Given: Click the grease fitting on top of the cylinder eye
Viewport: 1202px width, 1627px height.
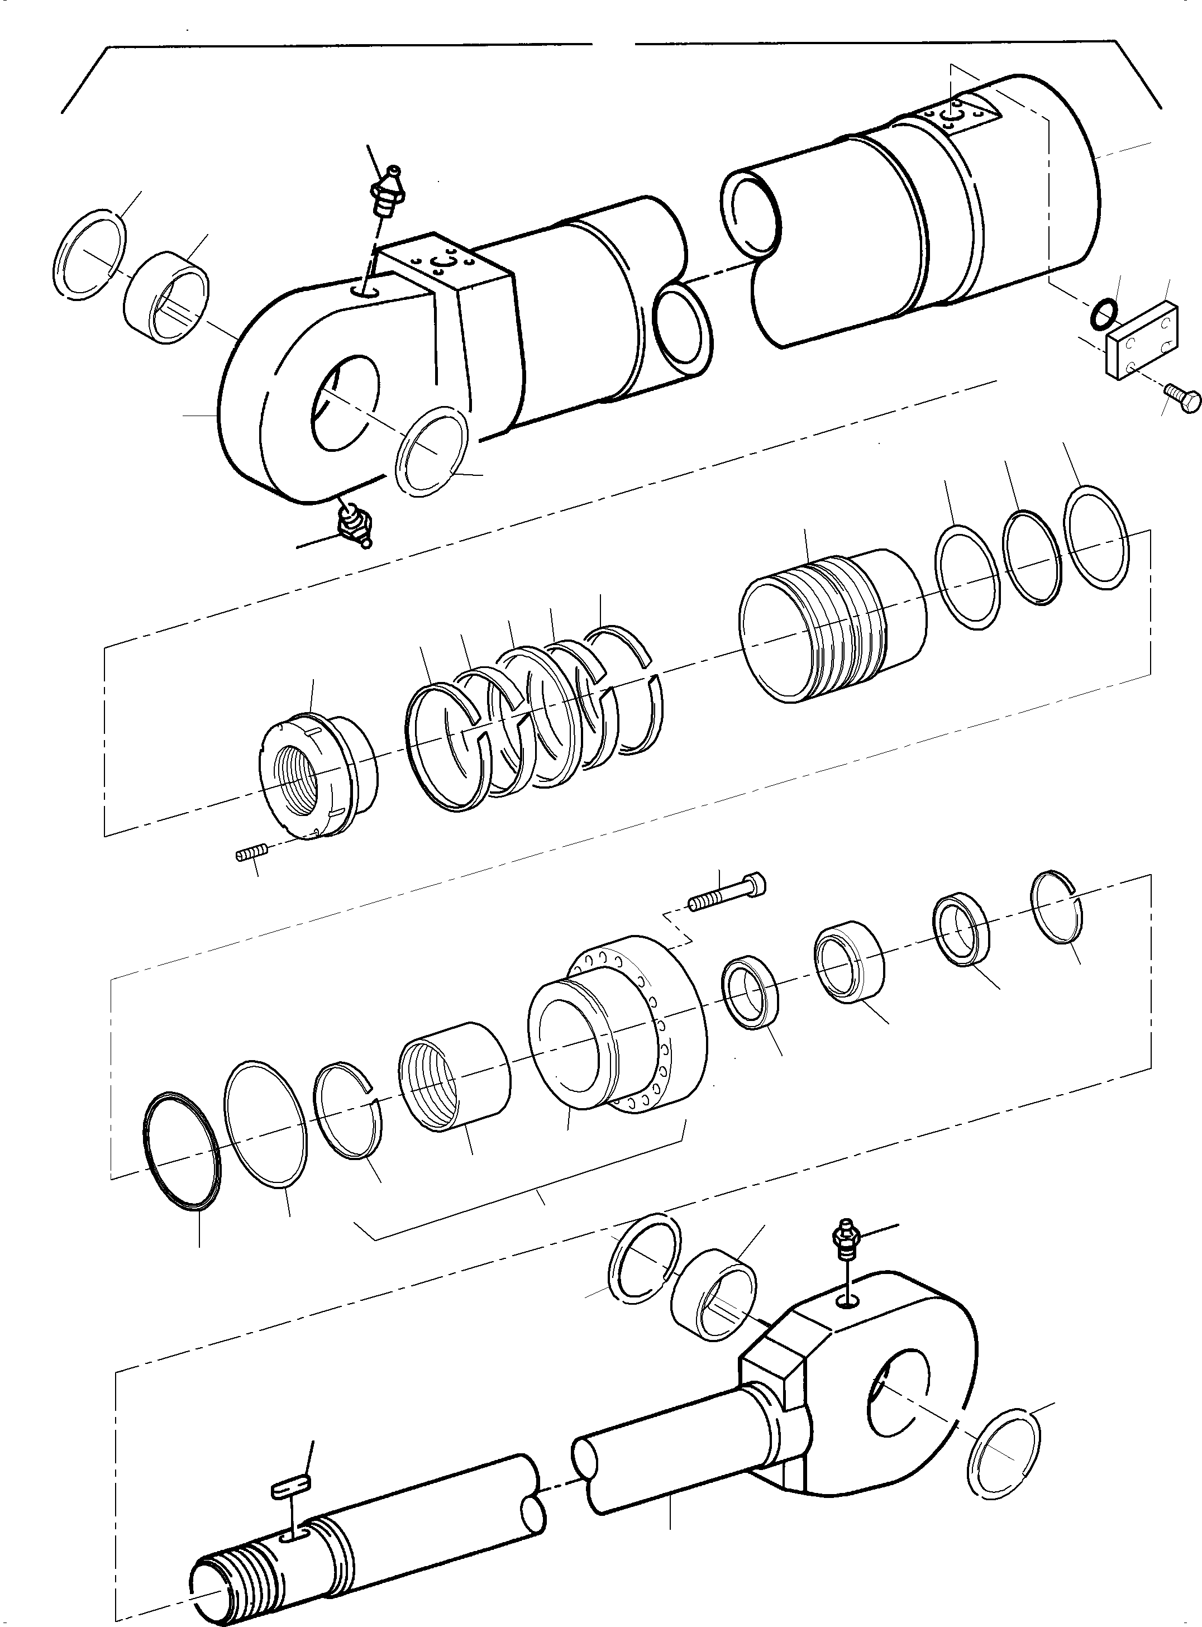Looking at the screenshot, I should click(388, 192).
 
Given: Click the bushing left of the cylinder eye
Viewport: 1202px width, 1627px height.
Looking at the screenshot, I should click(165, 297).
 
